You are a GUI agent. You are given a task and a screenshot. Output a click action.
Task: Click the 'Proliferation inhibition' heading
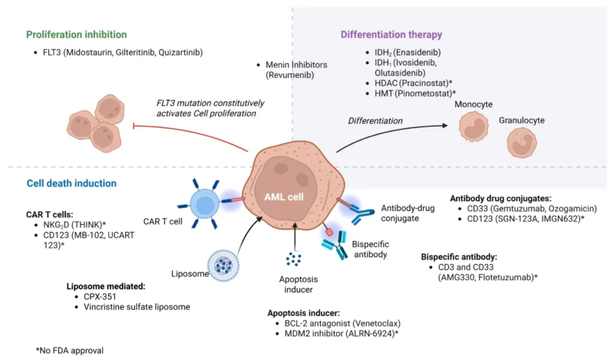[76, 35]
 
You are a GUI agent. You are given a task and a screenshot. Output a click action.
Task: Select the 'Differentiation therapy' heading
[391, 35]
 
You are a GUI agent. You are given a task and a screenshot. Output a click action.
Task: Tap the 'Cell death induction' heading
[71, 183]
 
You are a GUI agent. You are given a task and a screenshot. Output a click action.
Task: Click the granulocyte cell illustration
[523, 143]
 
